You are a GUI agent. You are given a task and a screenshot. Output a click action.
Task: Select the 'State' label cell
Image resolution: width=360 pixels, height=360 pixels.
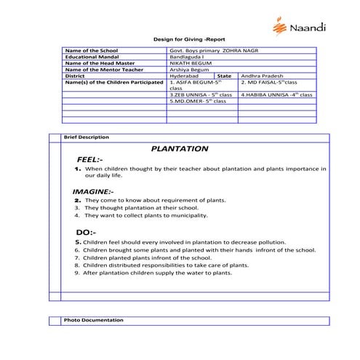pyautogui.click(x=224, y=76)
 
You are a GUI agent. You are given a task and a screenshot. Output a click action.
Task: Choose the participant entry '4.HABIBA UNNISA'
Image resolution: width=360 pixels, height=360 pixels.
pyautogui.click(x=276, y=95)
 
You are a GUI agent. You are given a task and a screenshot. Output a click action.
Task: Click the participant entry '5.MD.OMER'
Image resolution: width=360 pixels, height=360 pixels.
pyautogui.click(x=197, y=101)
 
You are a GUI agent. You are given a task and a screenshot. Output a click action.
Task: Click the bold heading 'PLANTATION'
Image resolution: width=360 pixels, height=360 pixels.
pyautogui.click(x=180, y=148)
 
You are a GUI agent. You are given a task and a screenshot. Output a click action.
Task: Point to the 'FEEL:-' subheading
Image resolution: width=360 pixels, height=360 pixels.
pyautogui.click(x=89, y=159)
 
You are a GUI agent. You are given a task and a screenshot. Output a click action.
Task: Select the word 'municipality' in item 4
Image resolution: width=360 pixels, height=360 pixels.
pyautogui.click(x=191, y=215)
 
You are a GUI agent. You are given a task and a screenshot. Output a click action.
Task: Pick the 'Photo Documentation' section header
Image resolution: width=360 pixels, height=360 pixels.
pyautogui.click(x=93, y=320)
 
